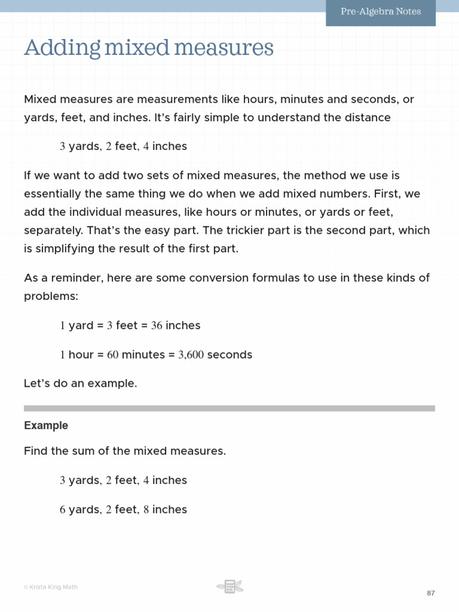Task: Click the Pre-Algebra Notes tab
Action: tap(381, 12)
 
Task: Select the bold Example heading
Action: tap(46, 426)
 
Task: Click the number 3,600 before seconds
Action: tap(191, 355)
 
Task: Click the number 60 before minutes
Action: tap(113, 355)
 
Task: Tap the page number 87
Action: tap(430, 593)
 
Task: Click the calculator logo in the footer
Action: tap(229, 586)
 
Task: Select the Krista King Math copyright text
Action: tap(51, 587)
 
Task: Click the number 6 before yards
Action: tap(63, 510)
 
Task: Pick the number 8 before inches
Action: tap(146, 510)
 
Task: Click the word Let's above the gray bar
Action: tap(36, 384)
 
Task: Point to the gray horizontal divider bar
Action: tap(229, 409)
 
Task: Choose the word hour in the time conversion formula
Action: tap(81, 355)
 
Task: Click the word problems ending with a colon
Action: tap(51, 296)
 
